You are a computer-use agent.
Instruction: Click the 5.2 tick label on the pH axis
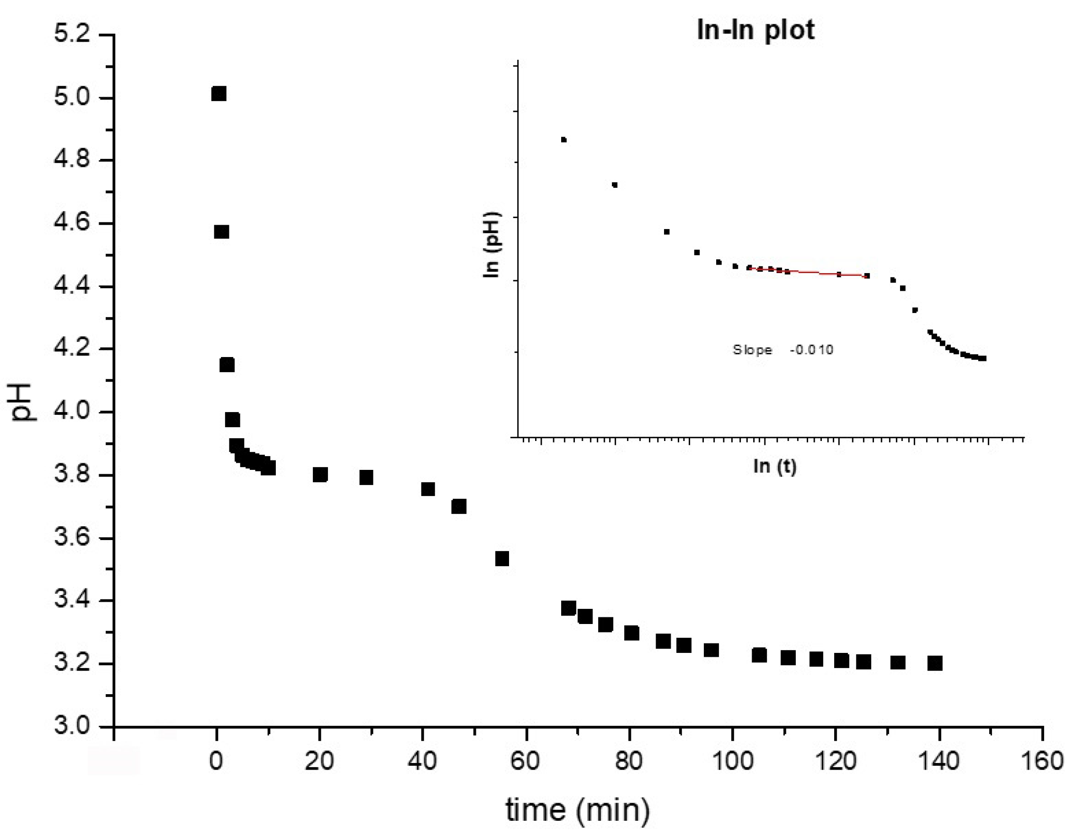pyautogui.click(x=72, y=35)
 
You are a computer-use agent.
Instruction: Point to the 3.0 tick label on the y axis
pyautogui.click(x=72, y=726)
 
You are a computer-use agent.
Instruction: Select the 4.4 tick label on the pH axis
pyautogui.click(x=72, y=286)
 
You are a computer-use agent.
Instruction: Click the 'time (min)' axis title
pyautogui.click(x=578, y=809)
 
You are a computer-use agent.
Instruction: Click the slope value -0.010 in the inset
pyautogui.click(x=811, y=350)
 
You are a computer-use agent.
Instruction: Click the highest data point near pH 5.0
pyautogui.click(x=218, y=93)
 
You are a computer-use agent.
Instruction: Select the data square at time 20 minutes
pyautogui.click(x=320, y=475)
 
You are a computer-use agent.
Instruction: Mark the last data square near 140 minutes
pyautogui.click(x=935, y=663)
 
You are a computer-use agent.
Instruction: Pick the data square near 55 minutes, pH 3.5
pyautogui.click(x=501, y=559)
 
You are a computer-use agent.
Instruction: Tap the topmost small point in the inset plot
pyautogui.click(x=564, y=140)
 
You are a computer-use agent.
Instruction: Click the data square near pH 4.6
pyautogui.click(x=222, y=232)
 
